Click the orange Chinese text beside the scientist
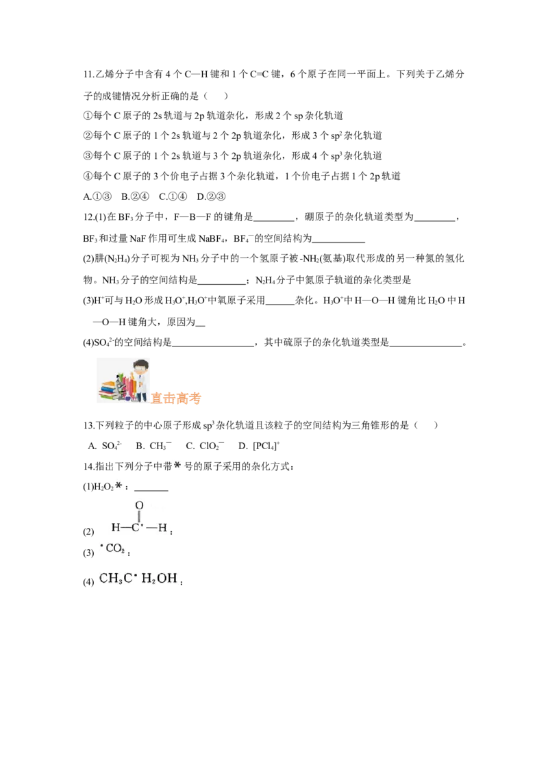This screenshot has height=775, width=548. (x=177, y=397)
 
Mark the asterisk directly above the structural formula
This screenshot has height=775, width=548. (x=119, y=485)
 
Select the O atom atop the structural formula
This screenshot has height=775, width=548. (x=139, y=505)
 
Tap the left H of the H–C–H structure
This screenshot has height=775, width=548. (x=115, y=528)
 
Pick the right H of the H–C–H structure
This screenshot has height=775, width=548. (x=162, y=528)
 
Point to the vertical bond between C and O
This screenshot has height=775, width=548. (x=139, y=516)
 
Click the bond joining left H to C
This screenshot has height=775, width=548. (x=125, y=528)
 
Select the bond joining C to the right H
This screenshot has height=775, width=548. (x=151, y=528)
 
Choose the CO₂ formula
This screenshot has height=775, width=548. (x=115, y=548)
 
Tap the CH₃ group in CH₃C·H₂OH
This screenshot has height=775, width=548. (x=111, y=579)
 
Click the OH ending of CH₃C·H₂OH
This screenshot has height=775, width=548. (x=168, y=579)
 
